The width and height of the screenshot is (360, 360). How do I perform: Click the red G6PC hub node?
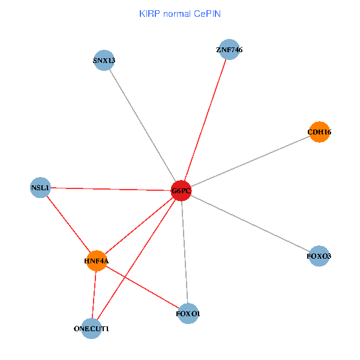click(181, 191)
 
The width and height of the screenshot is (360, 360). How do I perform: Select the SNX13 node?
click(104, 60)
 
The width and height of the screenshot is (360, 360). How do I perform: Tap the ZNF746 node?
click(230, 50)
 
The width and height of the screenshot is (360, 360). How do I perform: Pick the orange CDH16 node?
click(319, 132)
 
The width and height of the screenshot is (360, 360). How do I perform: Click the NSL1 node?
click(40, 188)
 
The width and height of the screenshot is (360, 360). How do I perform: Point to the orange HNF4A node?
click(97, 261)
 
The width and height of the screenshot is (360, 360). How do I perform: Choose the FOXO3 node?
click(319, 256)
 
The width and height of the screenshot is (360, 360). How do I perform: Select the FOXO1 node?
click(188, 314)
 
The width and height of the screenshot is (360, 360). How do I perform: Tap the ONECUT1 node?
click(91, 328)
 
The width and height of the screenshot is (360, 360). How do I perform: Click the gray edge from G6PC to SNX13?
click(142, 125)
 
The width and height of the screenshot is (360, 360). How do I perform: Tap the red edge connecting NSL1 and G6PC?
click(110, 190)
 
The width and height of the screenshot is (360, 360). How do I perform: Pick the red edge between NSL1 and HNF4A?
click(68, 224)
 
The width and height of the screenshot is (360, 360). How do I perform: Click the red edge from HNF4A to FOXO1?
click(143, 287)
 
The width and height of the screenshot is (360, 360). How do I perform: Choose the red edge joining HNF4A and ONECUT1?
click(94, 294)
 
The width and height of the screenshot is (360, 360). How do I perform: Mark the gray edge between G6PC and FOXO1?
click(185, 252)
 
